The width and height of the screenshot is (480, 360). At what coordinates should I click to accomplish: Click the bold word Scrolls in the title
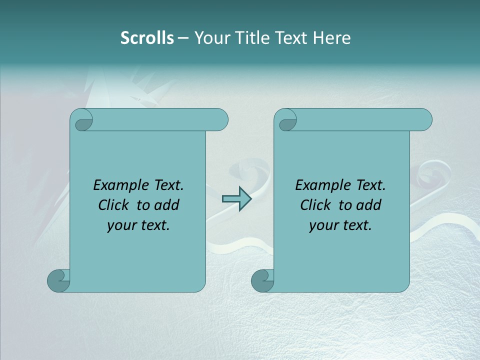point(147,38)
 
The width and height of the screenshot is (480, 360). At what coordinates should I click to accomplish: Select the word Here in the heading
point(332,38)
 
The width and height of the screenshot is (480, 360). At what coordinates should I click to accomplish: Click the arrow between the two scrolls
point(236,199)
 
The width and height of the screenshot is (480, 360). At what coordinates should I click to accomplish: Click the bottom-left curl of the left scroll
point(58,280)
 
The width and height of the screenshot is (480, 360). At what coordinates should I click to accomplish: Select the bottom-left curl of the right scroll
point(262,280)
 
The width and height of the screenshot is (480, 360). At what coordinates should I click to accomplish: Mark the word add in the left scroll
point(167,205)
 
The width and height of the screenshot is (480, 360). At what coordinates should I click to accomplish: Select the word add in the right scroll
point(369,205)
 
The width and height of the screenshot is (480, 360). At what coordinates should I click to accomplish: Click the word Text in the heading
point(293,38)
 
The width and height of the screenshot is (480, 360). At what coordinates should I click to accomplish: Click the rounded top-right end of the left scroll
point(220,120)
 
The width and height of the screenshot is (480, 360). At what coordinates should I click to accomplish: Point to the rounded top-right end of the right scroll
point(424,120)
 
